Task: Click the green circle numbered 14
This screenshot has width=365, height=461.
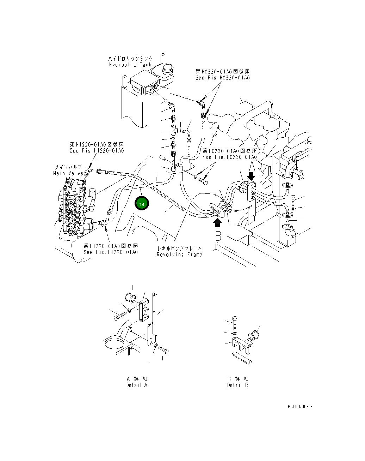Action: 142,204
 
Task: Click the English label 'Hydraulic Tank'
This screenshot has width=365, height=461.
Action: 130,65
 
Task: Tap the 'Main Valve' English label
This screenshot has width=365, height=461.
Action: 68,173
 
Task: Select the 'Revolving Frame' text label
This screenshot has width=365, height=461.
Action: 179,255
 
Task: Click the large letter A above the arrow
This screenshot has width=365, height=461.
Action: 252,165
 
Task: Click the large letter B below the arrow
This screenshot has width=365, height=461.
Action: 218,237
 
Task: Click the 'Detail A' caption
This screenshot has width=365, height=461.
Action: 137,385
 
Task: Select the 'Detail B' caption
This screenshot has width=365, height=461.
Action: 237,385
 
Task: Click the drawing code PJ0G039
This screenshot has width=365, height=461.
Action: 300,406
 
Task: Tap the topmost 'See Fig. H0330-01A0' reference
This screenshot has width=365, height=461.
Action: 222,78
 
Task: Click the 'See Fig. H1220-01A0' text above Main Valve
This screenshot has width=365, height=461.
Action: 97,151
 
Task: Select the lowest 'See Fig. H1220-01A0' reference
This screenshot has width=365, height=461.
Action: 111,252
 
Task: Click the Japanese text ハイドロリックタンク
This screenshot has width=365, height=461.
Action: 130,59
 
